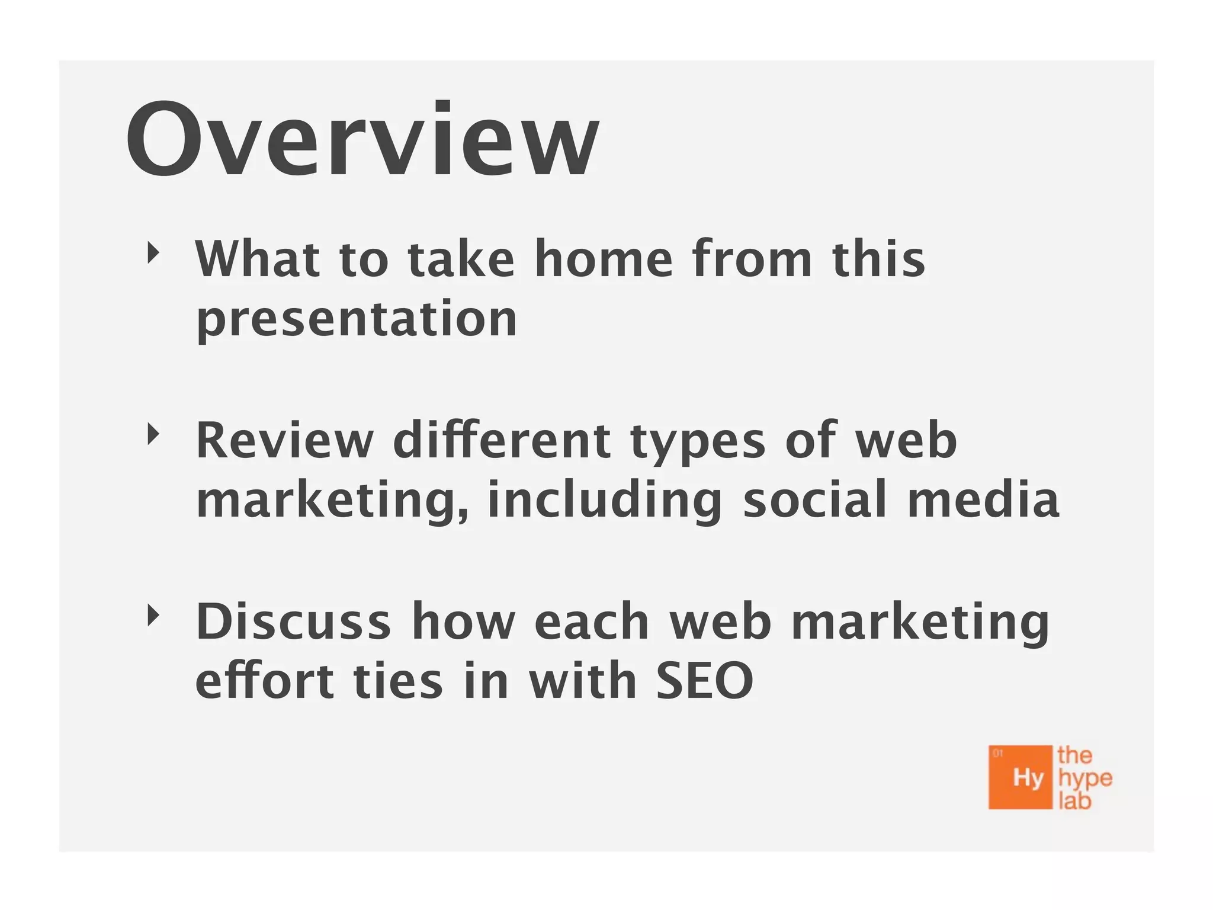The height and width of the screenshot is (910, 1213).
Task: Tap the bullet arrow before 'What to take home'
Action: (153, 254)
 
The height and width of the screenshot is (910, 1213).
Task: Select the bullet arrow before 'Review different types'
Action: (153, 435)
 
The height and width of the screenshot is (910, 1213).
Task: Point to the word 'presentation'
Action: (357, 320)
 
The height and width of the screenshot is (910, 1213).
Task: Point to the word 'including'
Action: (604, 501)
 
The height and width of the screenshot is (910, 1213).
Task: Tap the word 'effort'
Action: (264, 681)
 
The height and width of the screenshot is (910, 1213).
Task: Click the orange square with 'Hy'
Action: (1020, 777)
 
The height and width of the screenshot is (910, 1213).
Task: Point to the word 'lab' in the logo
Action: (1074, 802)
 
